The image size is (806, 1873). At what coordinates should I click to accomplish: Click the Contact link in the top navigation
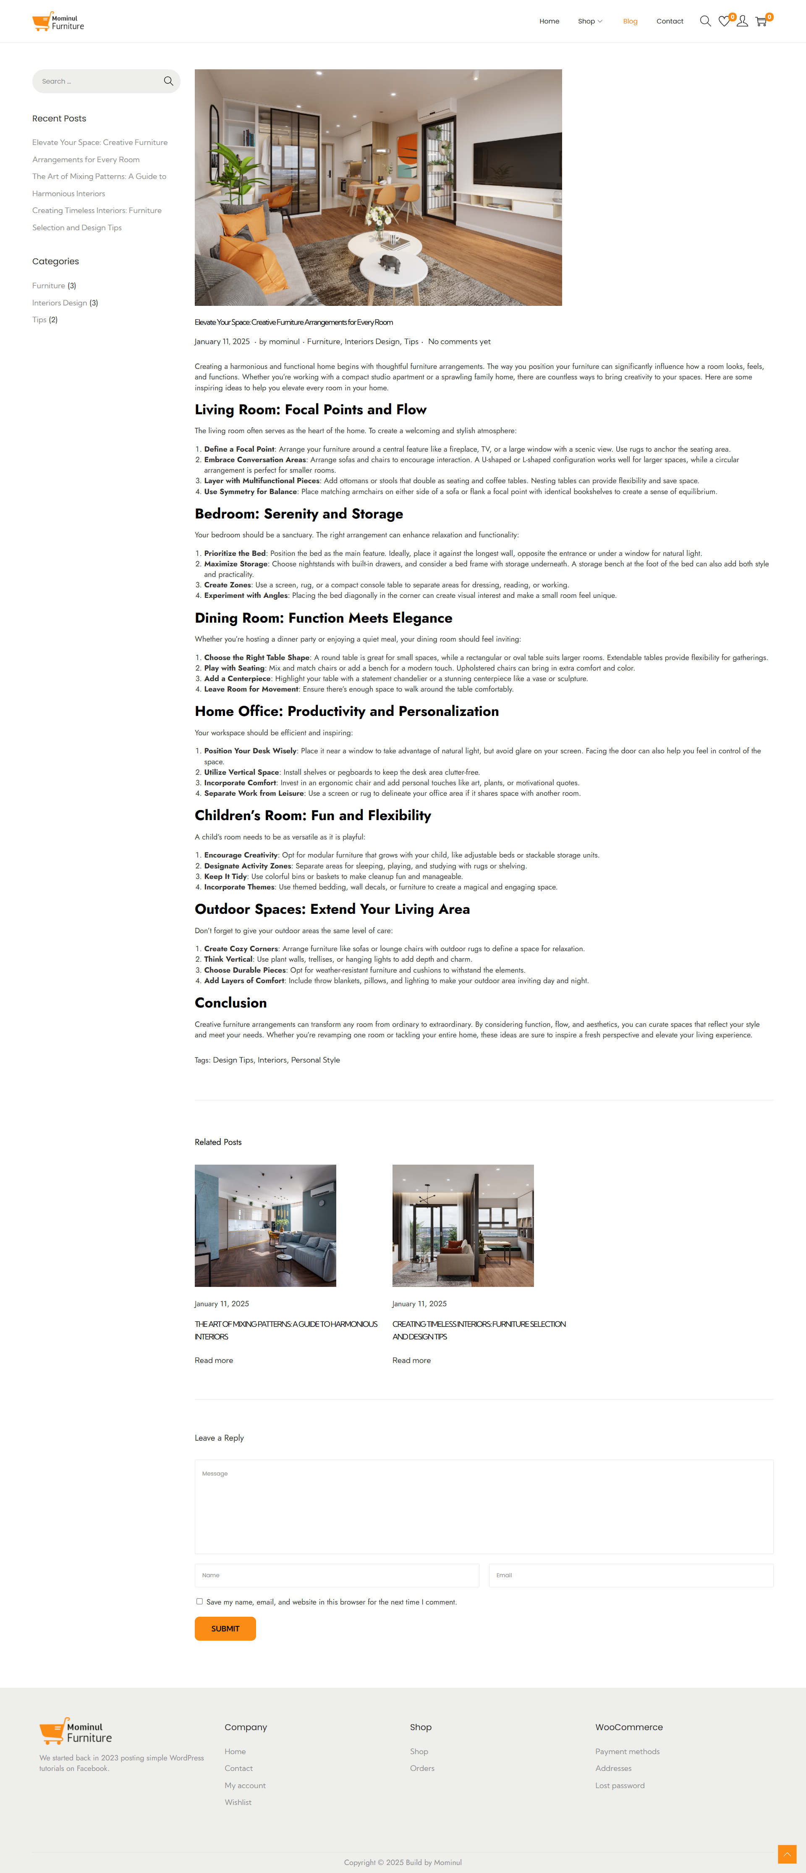(x=670, y=21)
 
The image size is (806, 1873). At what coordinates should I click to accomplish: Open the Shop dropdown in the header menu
(x=589, y=21)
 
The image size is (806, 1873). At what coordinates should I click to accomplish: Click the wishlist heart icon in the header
(x=724, y=21)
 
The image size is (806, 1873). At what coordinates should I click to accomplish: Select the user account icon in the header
(x=742, y=21)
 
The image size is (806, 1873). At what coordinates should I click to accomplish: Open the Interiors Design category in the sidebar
(x=60, y=303)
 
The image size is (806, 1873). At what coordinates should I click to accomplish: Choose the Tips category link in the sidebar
(x=39, y=320)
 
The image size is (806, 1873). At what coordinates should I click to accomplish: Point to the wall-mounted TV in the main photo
(x=518, y=158)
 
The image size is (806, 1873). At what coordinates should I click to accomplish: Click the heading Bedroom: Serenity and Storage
(x=299, y=514)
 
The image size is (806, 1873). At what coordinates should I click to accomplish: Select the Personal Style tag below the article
(x=315, y=1060)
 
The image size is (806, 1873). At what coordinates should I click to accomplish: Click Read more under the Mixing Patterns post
(x=214, y=1360)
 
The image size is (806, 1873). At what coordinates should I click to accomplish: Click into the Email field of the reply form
(x=631, y=1575)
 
